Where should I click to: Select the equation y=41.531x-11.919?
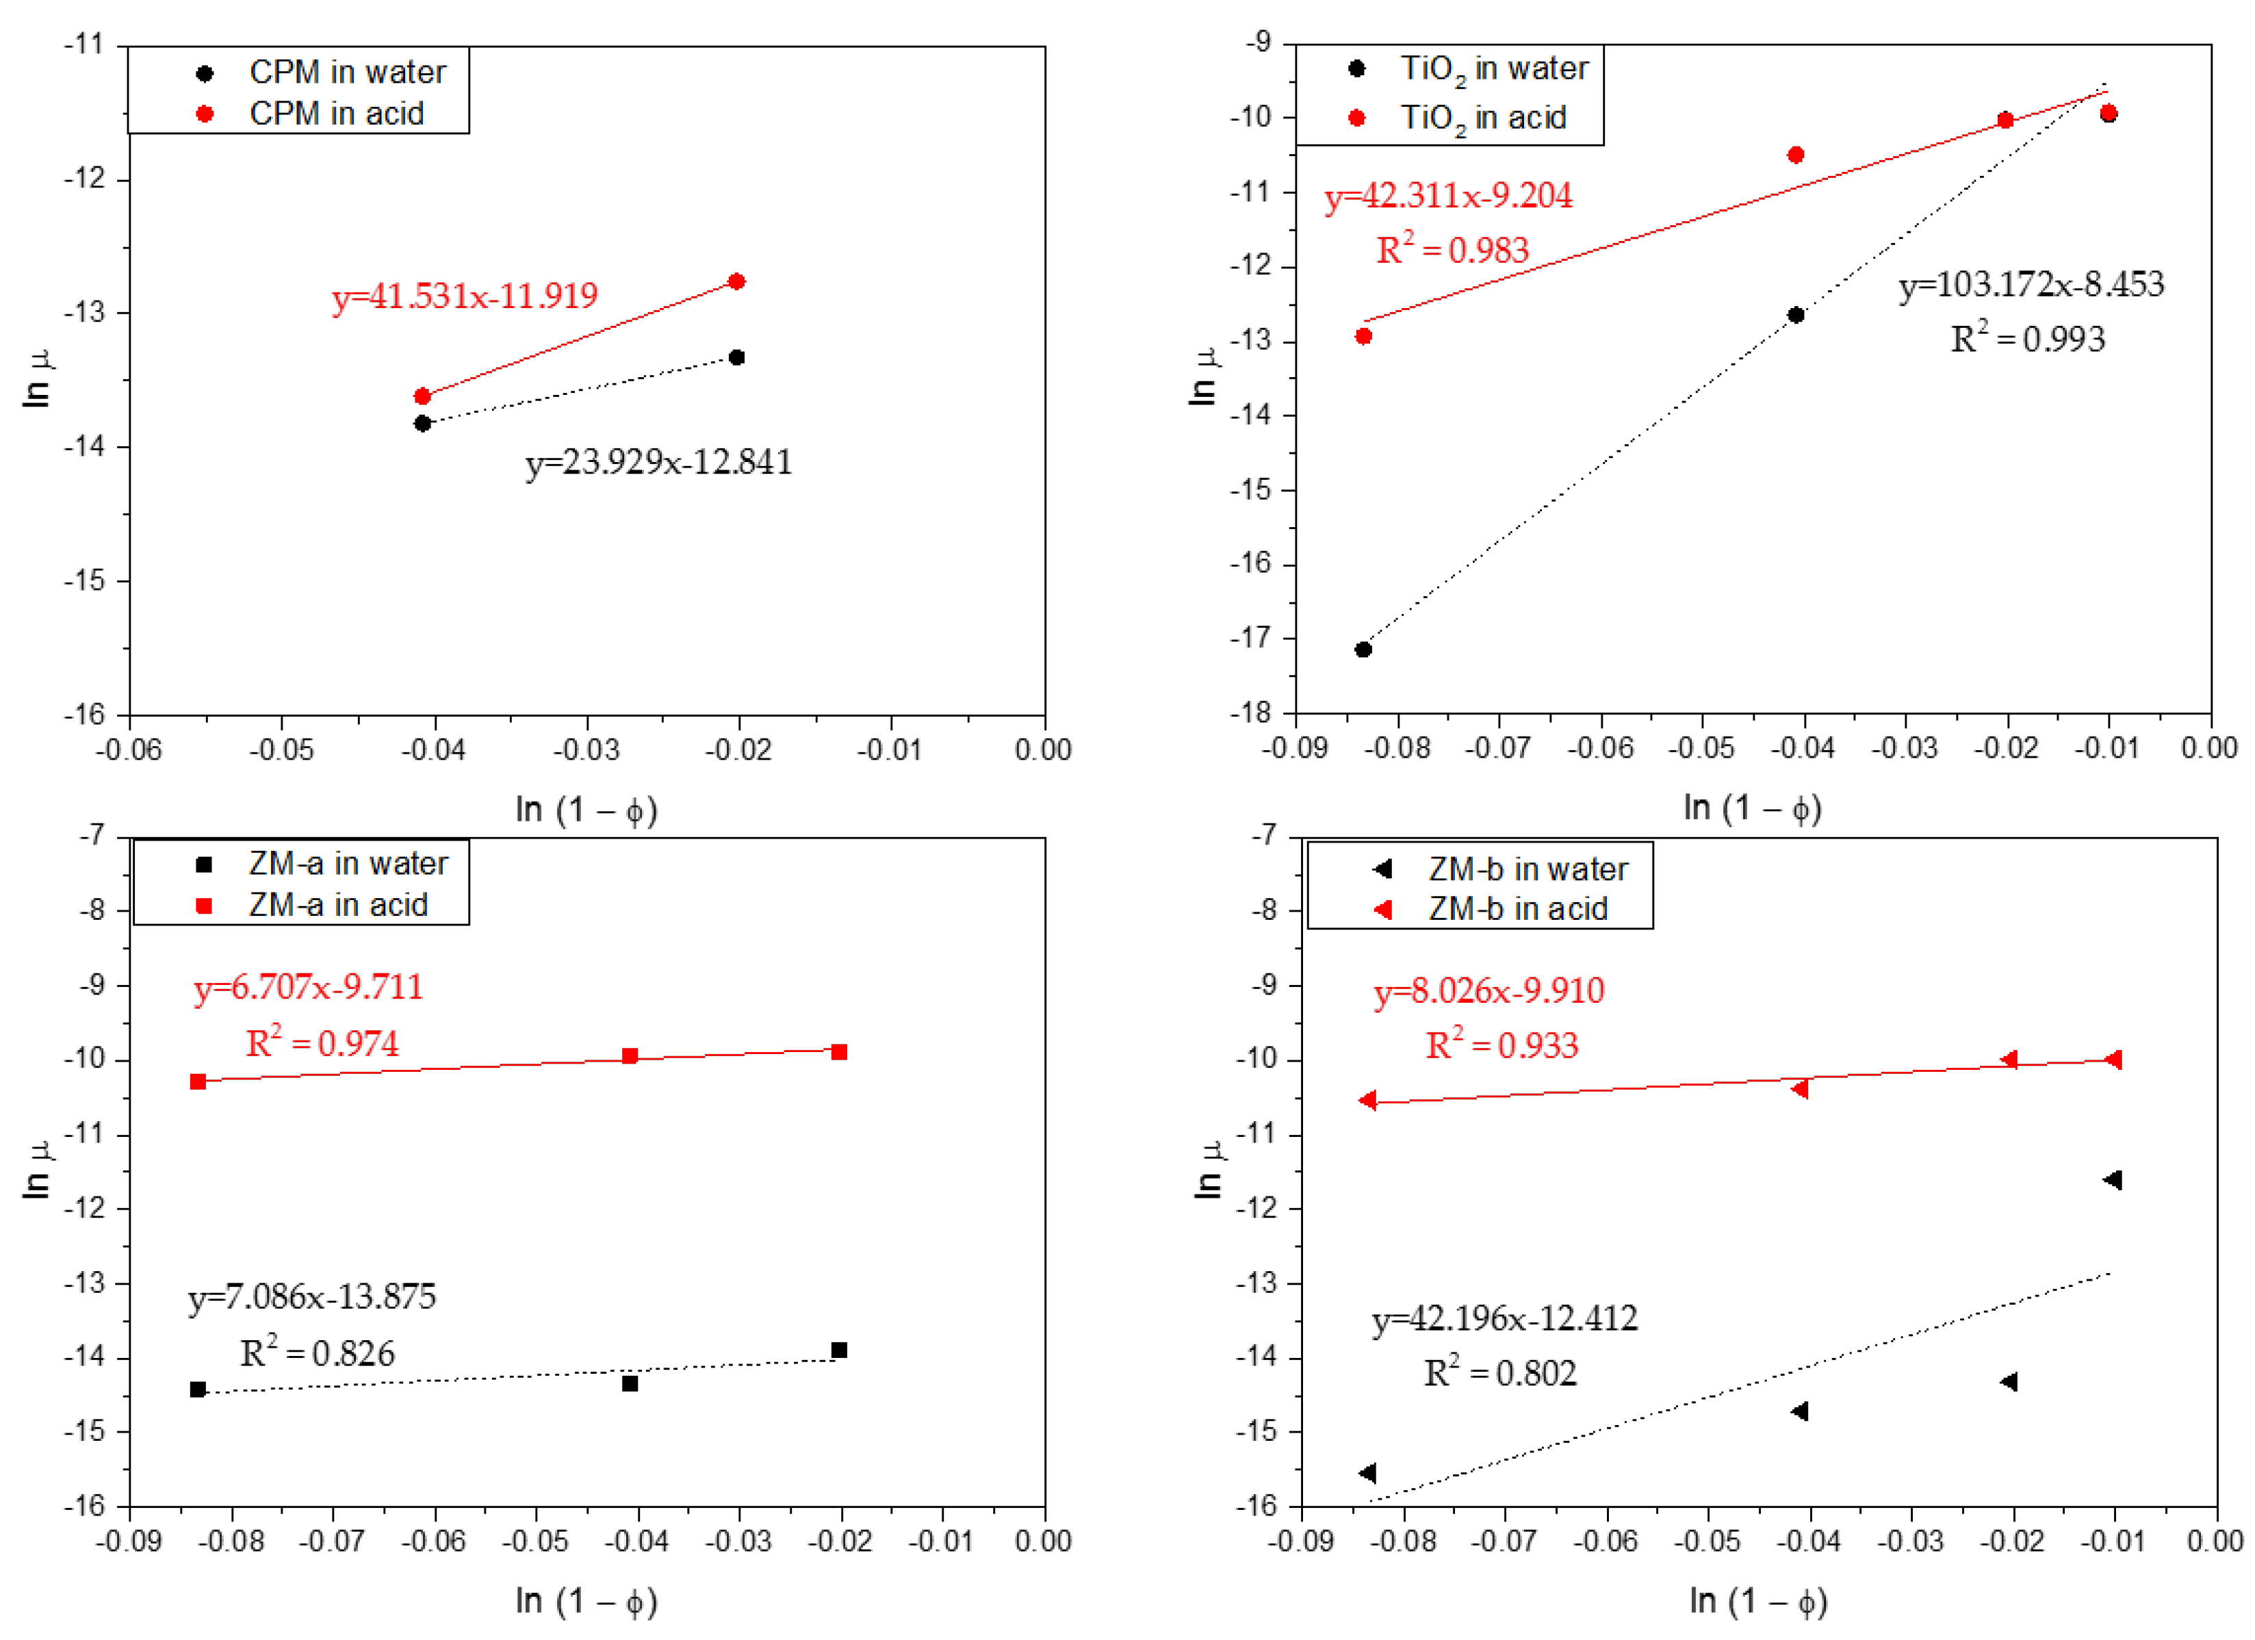click(x=464, y=296)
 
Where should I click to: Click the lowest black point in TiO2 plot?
click(x=1363, y=650)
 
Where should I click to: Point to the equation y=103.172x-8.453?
click(x=2031, y=285)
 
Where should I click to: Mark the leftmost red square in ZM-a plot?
click(x=198, y=1081)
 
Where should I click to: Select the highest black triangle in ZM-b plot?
click(x=2113, y=1179)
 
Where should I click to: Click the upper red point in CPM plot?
click(x=737, y=281)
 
